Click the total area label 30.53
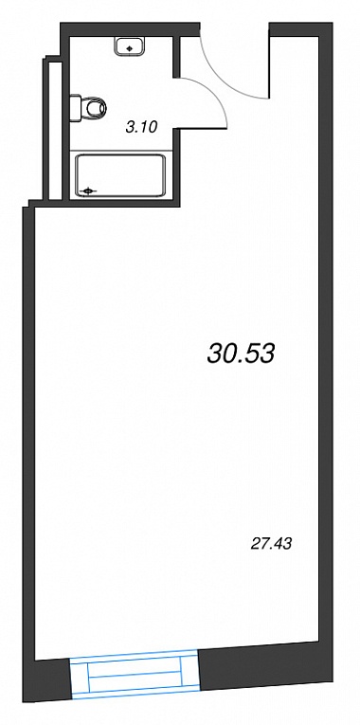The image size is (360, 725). (x=241, y=354)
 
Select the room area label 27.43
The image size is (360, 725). (x=271, y=544)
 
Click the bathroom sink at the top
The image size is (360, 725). (x=130, y=46)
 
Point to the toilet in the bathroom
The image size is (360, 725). (x=88, y=108)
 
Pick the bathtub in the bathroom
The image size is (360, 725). (x=119, y=176)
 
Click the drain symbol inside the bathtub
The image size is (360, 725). (x=88, y=190)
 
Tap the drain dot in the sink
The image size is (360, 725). (x=130, y=47)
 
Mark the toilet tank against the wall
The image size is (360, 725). (x=76, y=108)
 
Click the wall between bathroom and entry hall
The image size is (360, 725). (x=176, y=57)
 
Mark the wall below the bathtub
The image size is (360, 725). (x=121, y=204)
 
